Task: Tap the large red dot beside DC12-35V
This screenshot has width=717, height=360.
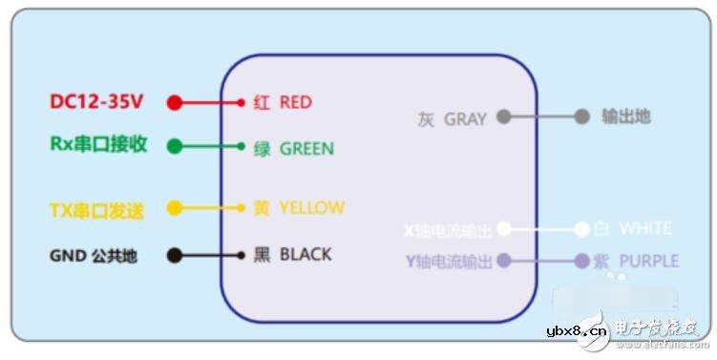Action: click(x=174, y=102)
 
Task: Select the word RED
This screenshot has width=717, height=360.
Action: click(x=295, y=102)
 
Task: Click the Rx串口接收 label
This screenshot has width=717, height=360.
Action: click(x=98, y=144)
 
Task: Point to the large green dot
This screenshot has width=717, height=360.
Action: click(x=174, y=146)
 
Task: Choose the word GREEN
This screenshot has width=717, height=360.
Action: click(x=306, y=149)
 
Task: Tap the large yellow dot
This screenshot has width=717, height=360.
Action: click(x=174, y=207)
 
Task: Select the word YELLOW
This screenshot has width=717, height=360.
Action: click(x=311, y=207)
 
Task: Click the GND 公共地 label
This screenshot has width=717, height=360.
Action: click(x=95, y=256)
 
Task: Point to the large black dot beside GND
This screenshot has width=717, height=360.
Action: click(x=174, y=255)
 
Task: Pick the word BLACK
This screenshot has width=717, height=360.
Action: click(x=306, y=254)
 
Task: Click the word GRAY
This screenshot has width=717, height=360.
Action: click(x=465, y=119)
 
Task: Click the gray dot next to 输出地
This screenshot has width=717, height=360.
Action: click(x=581, y=116)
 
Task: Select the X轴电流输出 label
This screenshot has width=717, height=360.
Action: click(x=448, y=231)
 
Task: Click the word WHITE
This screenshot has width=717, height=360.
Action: click(x=645, y=229)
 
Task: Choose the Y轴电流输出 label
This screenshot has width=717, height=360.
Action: click(x=449, y=261)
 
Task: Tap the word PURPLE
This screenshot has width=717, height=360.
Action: click(x=648, y=261)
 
